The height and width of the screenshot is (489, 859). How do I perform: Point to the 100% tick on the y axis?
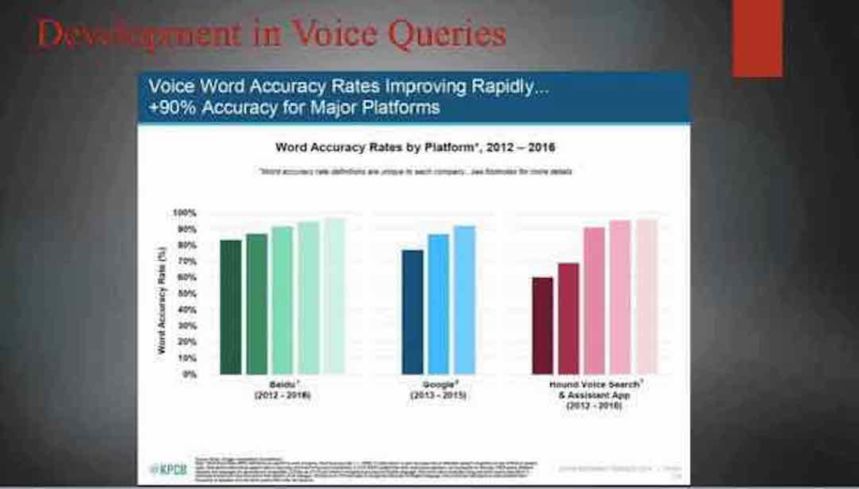point(185,213)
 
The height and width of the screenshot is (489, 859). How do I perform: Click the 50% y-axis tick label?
point(186,294)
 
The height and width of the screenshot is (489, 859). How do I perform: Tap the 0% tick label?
point(189,374)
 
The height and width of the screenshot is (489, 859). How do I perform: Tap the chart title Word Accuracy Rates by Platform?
point(415,147)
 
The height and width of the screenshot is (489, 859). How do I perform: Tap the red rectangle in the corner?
point(757,38)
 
